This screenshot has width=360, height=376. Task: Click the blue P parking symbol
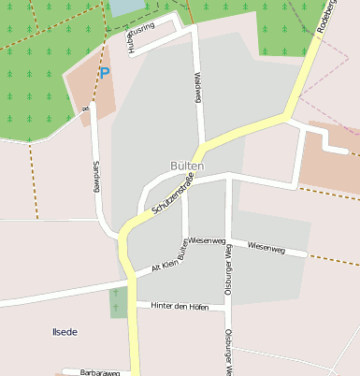[x=104, y=72]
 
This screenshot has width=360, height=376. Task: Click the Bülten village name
[x=187, y=165]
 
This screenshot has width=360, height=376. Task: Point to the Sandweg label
[x=95, y=175]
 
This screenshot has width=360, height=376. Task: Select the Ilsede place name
[x=65, y=332]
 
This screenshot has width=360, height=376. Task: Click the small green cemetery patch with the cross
[x=118, y=302]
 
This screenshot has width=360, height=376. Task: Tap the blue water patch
[x=125, y=8]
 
